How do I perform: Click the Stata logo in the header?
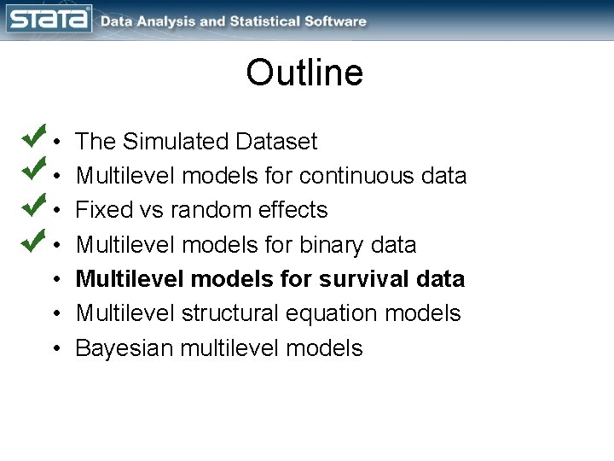49,19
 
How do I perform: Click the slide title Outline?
304,73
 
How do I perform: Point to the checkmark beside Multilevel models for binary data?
34,239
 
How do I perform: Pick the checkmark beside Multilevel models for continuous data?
34,170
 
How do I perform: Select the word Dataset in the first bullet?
277,142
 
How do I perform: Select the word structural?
225,313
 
